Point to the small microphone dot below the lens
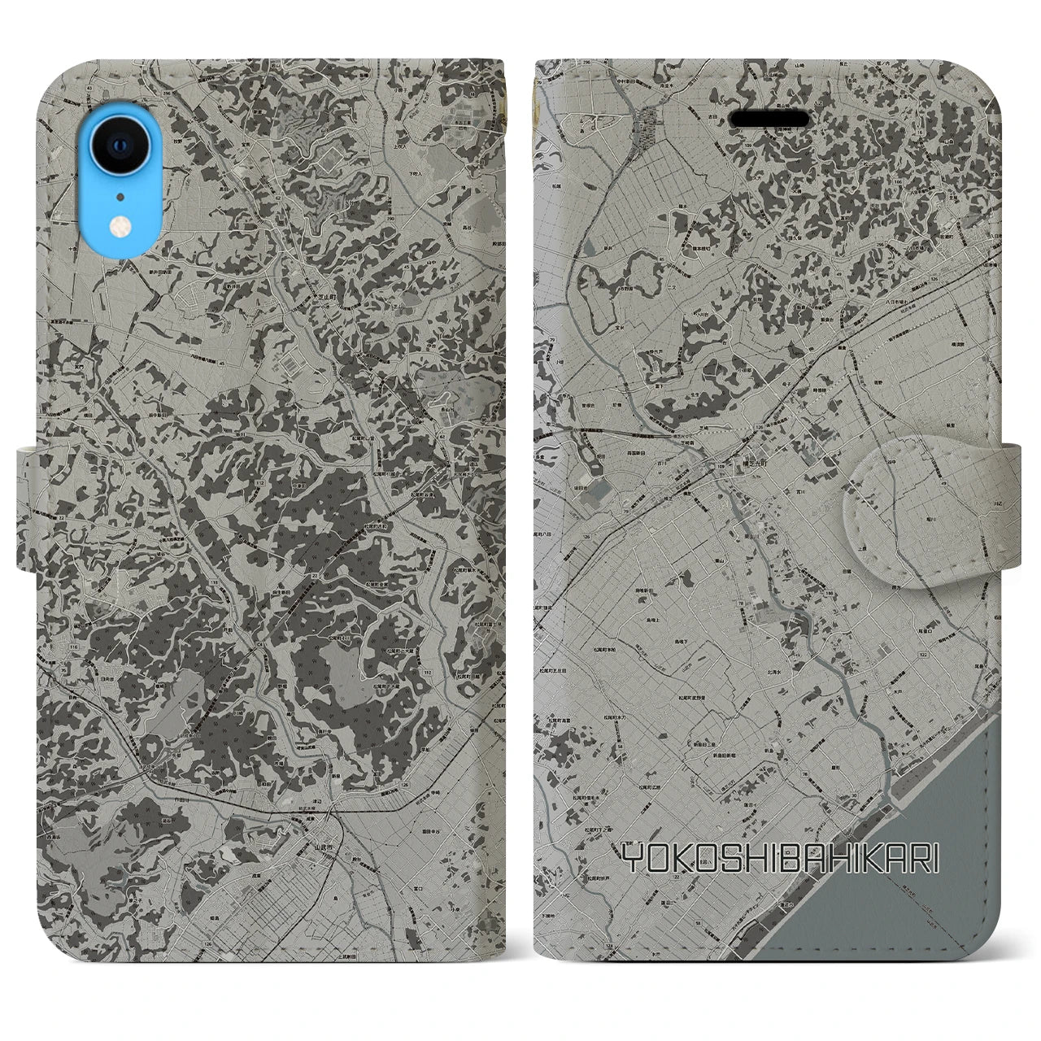[x=120, y=196]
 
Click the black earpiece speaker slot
[x=769, y=120]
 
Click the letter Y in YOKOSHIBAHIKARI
[x=632, y=857]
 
